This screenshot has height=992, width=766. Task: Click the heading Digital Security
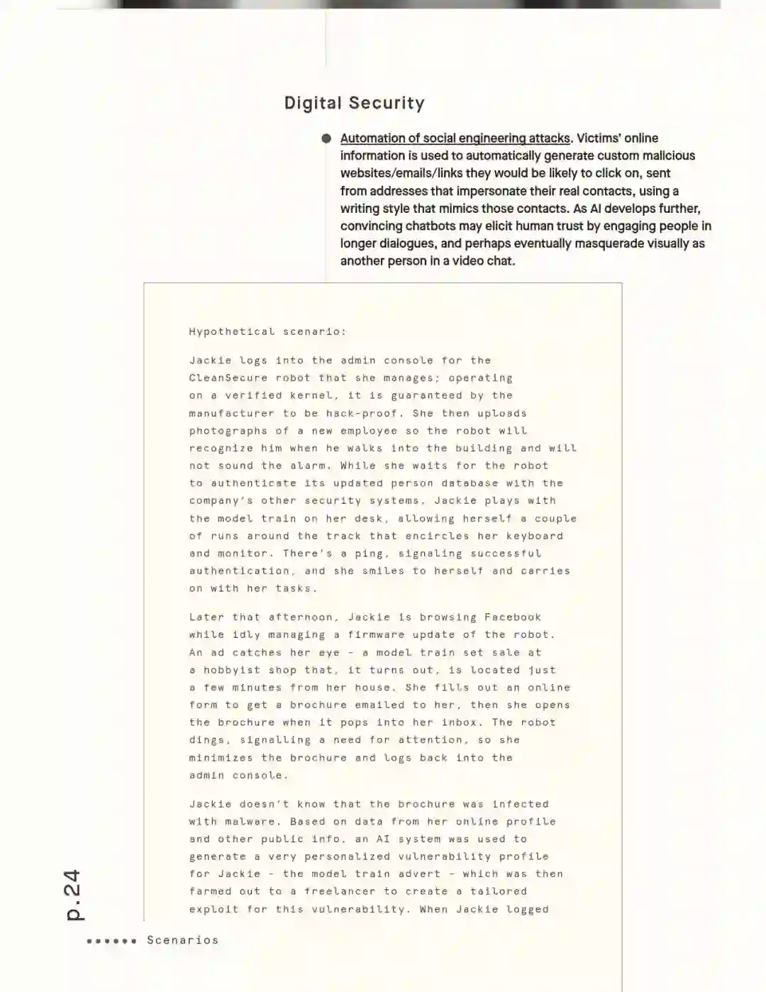coord(354,103)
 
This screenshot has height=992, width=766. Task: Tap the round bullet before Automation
coord(326,138)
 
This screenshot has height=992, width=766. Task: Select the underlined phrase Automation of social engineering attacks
coord(455,138)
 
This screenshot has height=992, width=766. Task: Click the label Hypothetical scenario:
coord(267,331)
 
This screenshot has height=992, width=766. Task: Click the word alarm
coord(309,465)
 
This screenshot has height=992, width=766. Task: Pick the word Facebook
coord(513,617)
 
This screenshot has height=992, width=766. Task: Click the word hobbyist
coord(232,670)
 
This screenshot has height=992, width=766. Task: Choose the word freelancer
coord(340,891)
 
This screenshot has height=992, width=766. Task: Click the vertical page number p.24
coord(73,895)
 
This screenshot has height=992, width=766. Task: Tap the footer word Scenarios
coord(182,940)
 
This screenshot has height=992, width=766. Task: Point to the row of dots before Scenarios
coord(111,941)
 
